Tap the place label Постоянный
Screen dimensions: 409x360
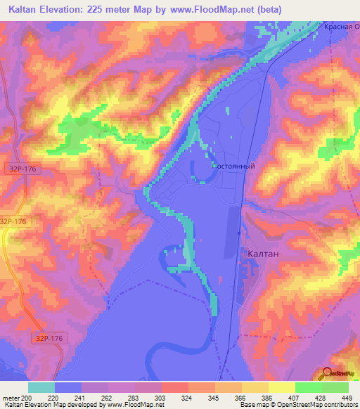(x=233, y=166)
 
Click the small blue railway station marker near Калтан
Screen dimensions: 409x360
(x=240, y=233)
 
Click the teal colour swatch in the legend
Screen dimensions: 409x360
(x=41, y=387)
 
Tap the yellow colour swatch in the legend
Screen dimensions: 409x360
(x=282, y=387)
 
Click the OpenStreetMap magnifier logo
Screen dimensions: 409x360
(x=328, y=372)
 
